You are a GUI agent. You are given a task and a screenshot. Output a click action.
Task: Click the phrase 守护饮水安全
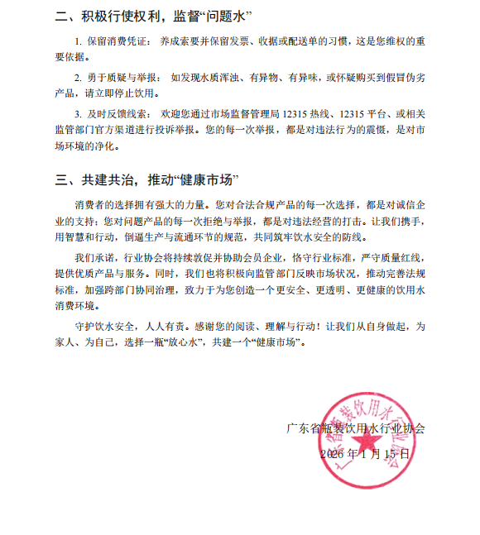(104, 326)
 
